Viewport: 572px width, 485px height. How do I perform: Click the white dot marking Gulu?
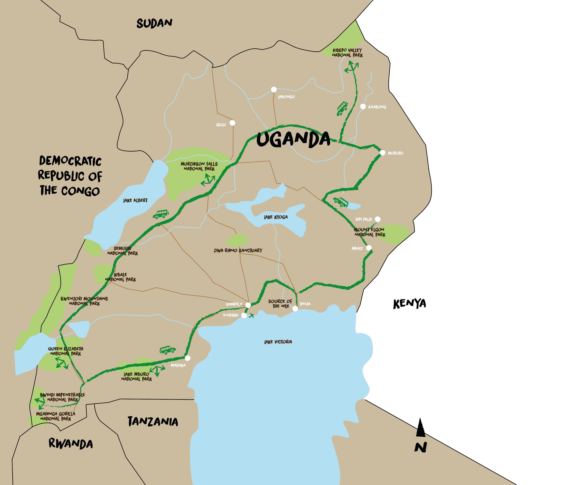[x=232, y=123]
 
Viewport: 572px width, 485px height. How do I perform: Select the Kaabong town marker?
[x=363, y=106]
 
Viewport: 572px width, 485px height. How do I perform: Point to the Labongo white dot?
[x=274, y=89]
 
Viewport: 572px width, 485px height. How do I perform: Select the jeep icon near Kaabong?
[x=342, y=108]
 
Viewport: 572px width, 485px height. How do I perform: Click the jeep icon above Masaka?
[x=167, y=350]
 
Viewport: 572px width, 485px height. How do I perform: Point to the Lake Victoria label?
[x=278, y=342]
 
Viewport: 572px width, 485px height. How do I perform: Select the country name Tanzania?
[x=153, y=421]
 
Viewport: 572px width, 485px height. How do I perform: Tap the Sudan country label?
[x=154, y=23]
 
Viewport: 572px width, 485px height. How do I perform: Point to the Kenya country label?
[x=410, y=303]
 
